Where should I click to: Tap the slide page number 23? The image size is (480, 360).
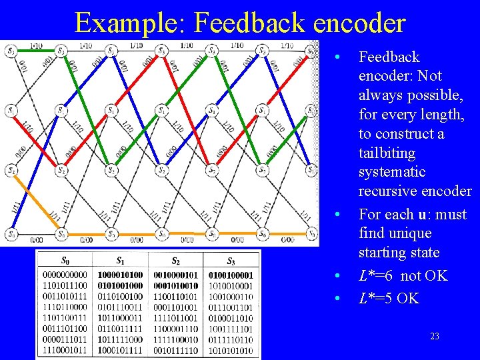coord(434,336)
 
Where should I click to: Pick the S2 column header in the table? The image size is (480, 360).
coord(175,261)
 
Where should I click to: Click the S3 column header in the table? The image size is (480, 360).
coord(231,261)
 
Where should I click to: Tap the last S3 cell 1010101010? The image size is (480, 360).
coord(231,349)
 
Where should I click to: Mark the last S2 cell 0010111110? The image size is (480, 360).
coord(175,349)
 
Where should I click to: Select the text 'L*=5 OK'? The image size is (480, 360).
coord(389,298)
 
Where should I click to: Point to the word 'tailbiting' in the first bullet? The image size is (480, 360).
coord(387,153)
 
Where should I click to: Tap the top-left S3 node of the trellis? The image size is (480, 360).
coord(11,51)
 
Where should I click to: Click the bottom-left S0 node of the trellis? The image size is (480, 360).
coord(11,234)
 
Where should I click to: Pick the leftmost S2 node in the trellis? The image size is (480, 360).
coord(11,171)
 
